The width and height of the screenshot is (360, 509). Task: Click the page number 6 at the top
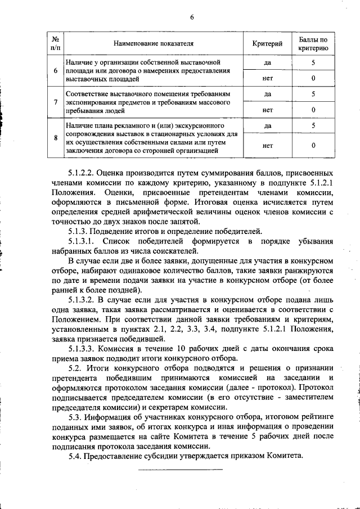point(191,17)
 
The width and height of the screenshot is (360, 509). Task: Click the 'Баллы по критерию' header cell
point(313,43)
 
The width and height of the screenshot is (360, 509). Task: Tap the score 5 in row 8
point(313,125)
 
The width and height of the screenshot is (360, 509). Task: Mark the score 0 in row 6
point(313,78)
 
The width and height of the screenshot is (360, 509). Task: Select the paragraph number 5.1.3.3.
point(84,348)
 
